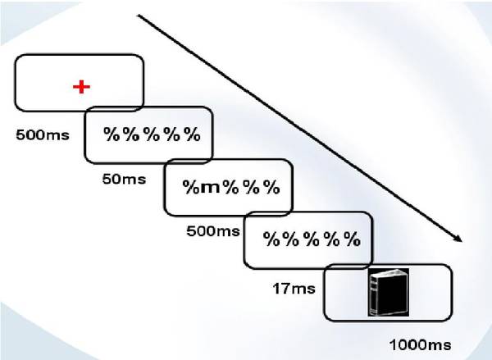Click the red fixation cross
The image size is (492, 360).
[81, 87]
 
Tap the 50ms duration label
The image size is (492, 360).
[124, 180]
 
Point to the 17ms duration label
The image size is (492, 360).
[294, 289]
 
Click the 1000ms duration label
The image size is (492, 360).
[420, 345]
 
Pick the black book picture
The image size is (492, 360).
[389, 292]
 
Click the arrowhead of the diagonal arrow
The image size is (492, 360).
[458, 239]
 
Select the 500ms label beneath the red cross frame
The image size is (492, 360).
[43, 135]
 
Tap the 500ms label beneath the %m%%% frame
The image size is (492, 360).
[213, 231]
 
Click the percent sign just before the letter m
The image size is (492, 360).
[191, 187]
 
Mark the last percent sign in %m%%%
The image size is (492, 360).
[271, 187]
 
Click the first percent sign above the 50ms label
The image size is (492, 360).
[112, 134]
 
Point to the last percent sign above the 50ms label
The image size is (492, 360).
[192, 134]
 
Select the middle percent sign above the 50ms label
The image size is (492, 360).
[153, 134]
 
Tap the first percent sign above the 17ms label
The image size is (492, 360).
[271, 239]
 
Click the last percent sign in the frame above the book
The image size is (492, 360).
[352, 239]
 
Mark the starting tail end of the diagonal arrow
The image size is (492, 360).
[139, 15]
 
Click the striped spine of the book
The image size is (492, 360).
[374, 294]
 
